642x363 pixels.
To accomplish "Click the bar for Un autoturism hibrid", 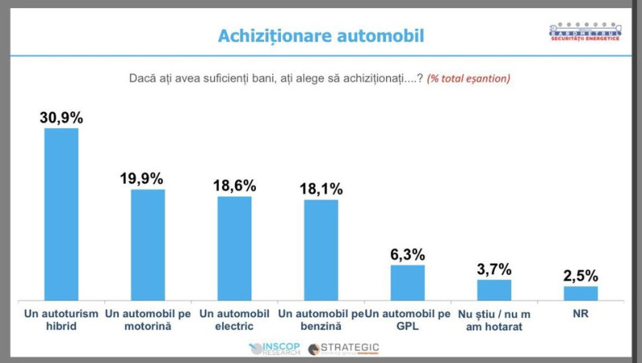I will click(x=61, y=213).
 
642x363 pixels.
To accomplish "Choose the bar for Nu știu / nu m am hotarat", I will click(x=494, y=288).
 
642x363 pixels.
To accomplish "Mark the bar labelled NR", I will click(x=580, y=292).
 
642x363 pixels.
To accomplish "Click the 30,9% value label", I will click(x=61, y=117).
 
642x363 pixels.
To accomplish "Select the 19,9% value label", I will click(x=148, y=179).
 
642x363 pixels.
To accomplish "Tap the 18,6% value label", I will click(x=234, y=185).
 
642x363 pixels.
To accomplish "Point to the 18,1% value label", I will click(x=321, y=189).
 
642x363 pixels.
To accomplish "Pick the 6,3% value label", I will click(x=408, y=254).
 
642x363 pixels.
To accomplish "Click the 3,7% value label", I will click(x=494, y=268).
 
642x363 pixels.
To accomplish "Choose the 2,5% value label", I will click(x=580, y=275).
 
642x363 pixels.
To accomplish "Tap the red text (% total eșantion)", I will click(x=469, y=79).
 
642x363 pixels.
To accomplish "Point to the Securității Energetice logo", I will click(x=586, y=33).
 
